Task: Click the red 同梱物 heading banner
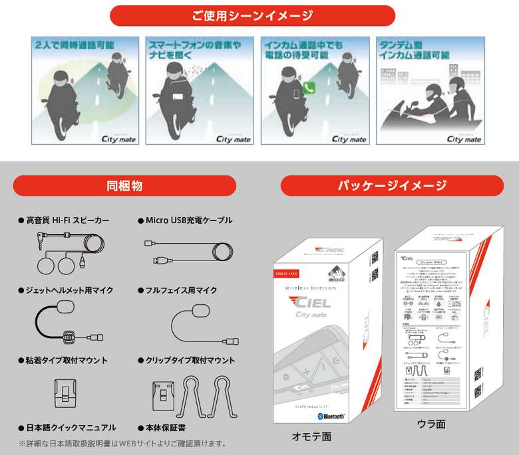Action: point(124,185)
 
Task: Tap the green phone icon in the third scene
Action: point(308,86)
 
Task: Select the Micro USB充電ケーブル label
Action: point(189,219)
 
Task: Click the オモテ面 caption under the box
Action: point(311,436)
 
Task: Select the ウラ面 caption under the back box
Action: point(431,423)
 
